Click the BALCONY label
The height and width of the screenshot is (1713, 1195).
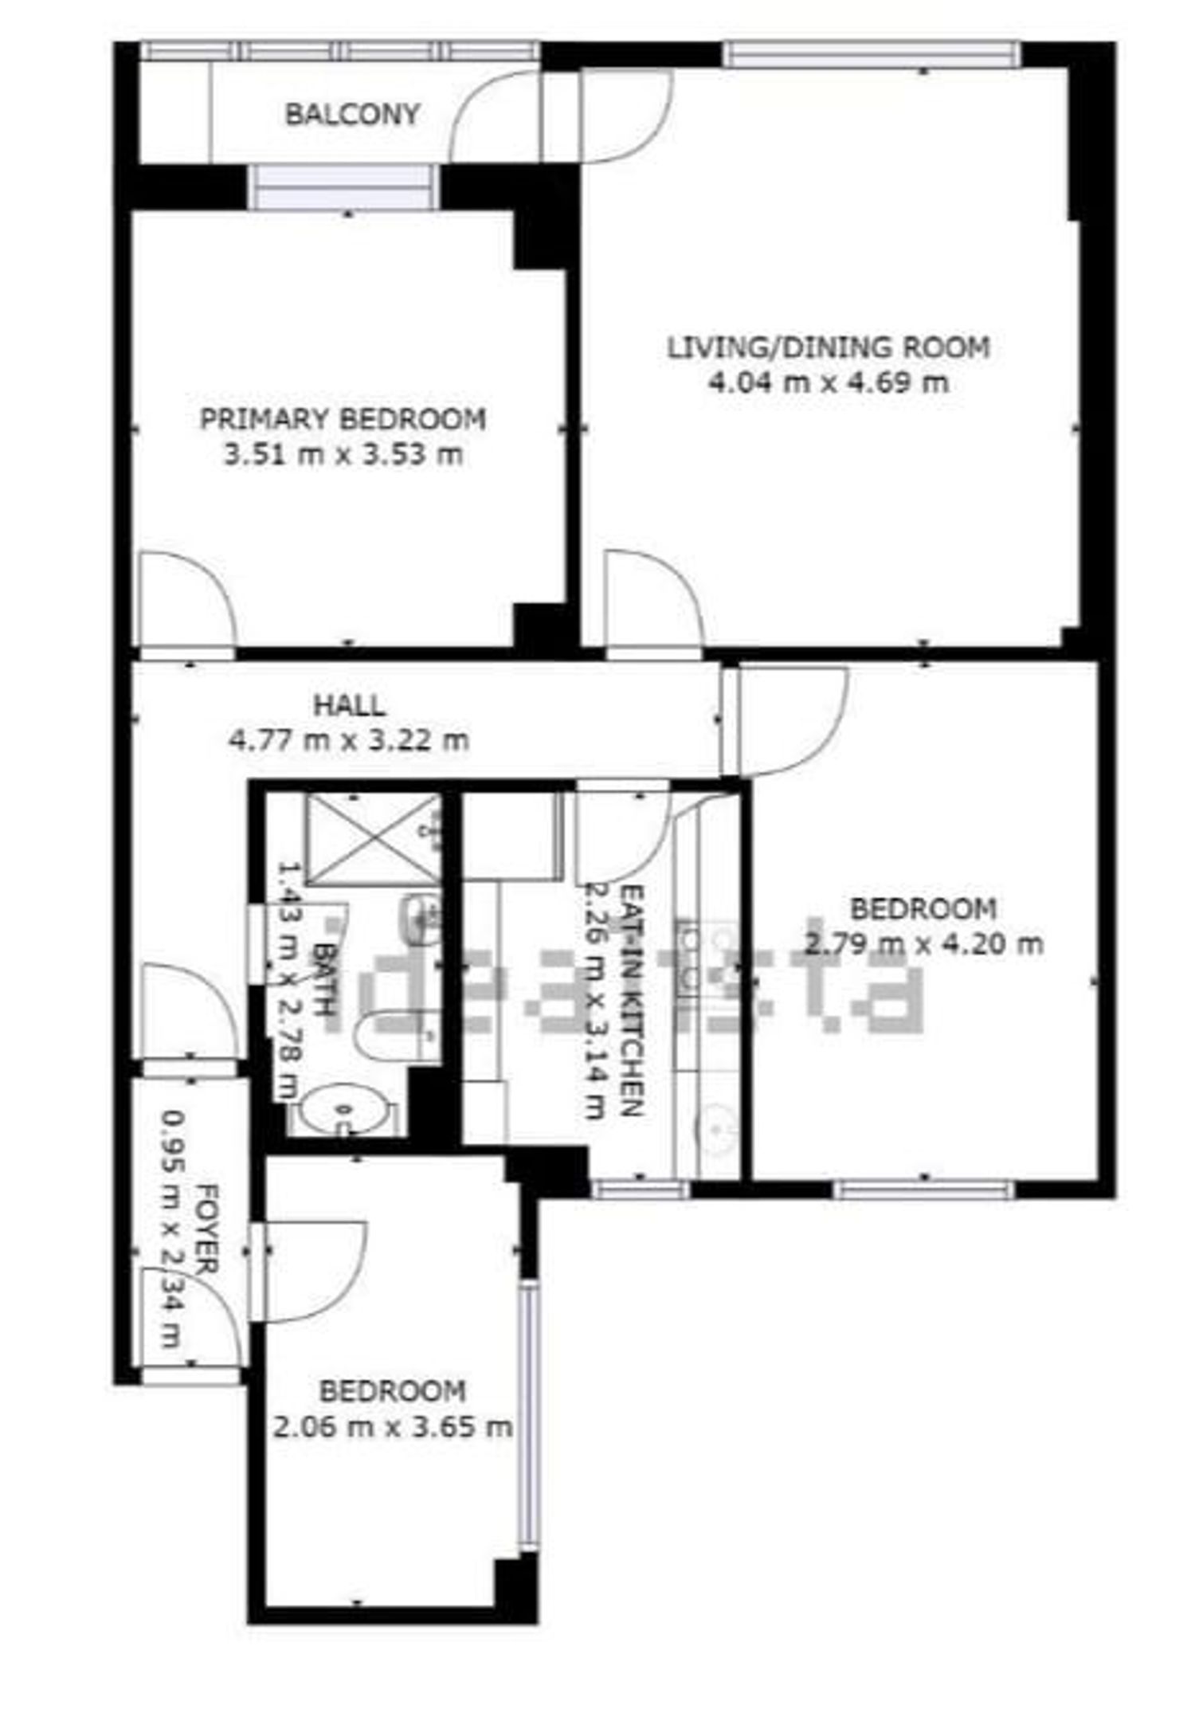352,115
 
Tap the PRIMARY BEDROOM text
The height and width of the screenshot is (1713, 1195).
343,419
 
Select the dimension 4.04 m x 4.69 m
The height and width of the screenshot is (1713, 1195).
829,383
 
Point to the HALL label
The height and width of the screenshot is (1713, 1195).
349,705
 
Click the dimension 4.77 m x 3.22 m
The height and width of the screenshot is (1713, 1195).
349,740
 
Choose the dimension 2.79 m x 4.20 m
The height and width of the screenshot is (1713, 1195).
923,944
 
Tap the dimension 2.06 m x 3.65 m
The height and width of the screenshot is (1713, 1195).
392,1427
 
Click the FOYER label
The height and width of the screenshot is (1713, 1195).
207,1229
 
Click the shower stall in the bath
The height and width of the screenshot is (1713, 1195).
373,838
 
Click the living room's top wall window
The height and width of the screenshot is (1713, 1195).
872,54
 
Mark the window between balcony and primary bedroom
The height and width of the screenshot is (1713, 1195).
343,188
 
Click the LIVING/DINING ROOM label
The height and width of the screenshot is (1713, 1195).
829,348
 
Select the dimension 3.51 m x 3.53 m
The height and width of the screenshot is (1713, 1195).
343,456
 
